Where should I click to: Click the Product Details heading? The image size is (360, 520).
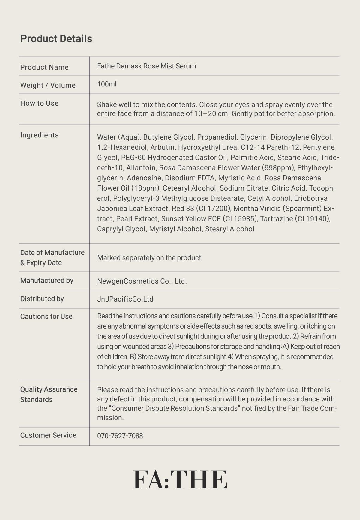coord(56,39)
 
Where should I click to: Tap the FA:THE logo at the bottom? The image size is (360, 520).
coord(180,479)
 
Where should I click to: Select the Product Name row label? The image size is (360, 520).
coord(44,67)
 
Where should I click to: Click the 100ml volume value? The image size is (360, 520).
coord(107,84)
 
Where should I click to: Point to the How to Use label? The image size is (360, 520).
coord(39,103)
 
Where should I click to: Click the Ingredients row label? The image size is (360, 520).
coord(39,135)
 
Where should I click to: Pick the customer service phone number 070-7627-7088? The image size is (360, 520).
coord(120,436)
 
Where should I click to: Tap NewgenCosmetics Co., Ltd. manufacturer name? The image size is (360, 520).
coord(142,281)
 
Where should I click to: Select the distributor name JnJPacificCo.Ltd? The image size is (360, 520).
coord(125,299)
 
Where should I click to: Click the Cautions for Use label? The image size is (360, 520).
coord(46,317)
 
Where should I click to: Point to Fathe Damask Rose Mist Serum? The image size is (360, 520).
coord(146,66)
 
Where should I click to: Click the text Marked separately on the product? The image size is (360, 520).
coord(149,258)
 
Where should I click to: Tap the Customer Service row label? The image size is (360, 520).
coord(48,435)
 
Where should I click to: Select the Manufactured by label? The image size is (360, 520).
coord(47,281)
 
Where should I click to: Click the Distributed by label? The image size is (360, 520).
coord(42,299)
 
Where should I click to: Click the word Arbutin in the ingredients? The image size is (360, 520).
coord(162,147)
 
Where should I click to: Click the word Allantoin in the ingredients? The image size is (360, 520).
coord(141,168)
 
